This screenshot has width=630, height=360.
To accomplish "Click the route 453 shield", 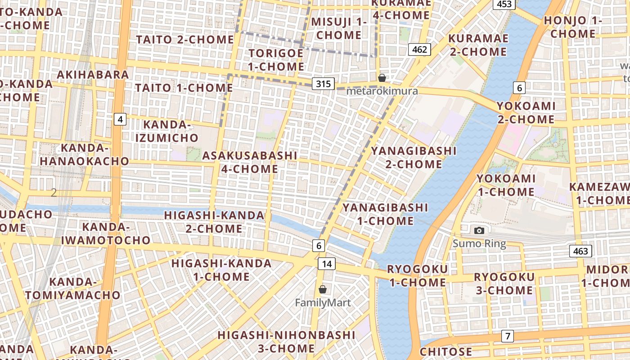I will coord(504,4).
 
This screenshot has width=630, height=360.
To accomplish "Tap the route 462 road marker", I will coord(419,49).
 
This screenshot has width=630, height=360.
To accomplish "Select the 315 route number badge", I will coord(323,83).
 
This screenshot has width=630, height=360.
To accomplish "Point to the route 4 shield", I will coord(120,119).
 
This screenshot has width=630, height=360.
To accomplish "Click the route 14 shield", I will coord(327,263).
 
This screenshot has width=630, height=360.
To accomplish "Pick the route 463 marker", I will coord(580,251).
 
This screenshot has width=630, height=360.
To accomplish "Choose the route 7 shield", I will coord(508,336).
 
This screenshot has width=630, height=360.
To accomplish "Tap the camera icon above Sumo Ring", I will coord(479,231).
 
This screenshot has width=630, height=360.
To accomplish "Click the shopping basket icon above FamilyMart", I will coord(323,289).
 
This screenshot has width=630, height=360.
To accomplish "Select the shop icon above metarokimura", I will coord(382,78).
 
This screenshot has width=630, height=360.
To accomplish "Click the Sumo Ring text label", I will coord(479,244).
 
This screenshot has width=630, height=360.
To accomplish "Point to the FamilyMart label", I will coord(323,302).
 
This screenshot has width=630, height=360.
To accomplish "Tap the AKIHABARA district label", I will coord(93,74).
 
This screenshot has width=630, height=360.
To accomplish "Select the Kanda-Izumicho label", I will coord(167,131).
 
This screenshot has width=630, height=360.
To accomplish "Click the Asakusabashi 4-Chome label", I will coord(250,162).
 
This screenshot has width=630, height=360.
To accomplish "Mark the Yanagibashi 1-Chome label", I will coord(385,214).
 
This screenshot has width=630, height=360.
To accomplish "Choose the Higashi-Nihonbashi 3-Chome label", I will coord(286,342).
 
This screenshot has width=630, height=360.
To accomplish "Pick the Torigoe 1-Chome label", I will coord(276,60).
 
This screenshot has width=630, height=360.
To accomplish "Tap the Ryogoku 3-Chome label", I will coord(504,283).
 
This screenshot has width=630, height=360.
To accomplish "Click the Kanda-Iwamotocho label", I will coord(106,233).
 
